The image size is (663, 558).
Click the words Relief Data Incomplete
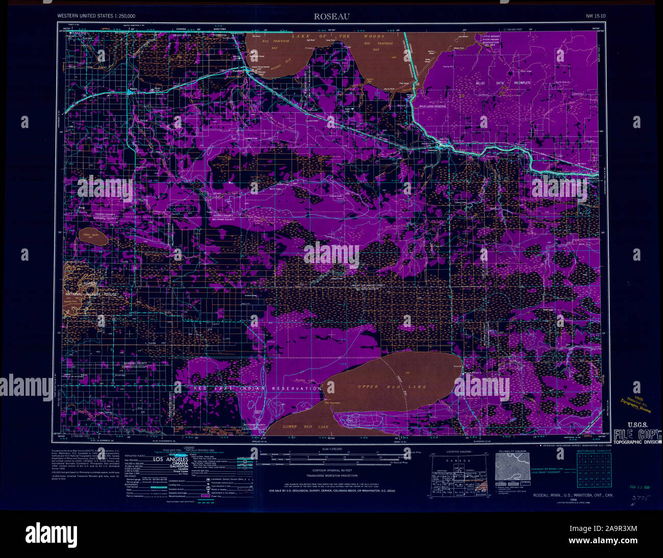(503, 83)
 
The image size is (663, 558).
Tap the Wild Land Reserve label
(432, 106)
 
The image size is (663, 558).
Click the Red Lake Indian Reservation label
(257, 389)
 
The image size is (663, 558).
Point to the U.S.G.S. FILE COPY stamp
(637, 433)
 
